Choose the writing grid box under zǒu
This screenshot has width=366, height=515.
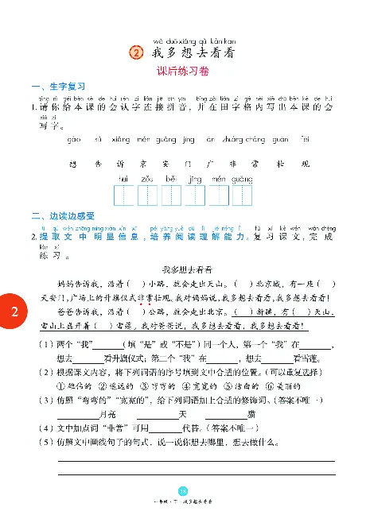[148, 195]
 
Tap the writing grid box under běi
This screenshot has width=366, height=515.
[172, 195]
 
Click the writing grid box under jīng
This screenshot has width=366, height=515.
[195, 195]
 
